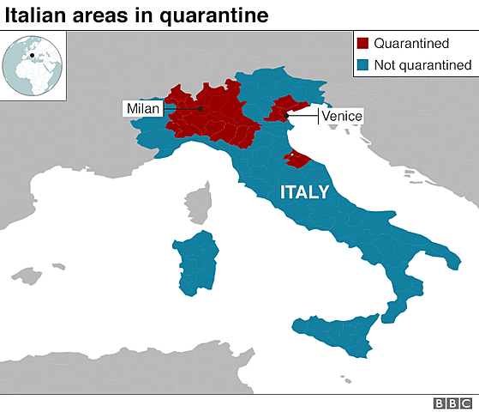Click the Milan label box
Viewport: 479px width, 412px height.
point(143,108)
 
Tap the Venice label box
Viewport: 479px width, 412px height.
point(341,116)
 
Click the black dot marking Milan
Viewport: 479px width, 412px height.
point(200,109)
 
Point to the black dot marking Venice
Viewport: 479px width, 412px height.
point(286,116)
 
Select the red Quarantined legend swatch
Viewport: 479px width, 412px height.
point(362,44)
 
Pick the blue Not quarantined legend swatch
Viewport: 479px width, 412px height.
point(362,64)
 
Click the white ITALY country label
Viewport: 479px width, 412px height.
point(304,192)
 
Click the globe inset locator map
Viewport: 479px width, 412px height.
point(33,65)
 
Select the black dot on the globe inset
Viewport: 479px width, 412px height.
point(33,57)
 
